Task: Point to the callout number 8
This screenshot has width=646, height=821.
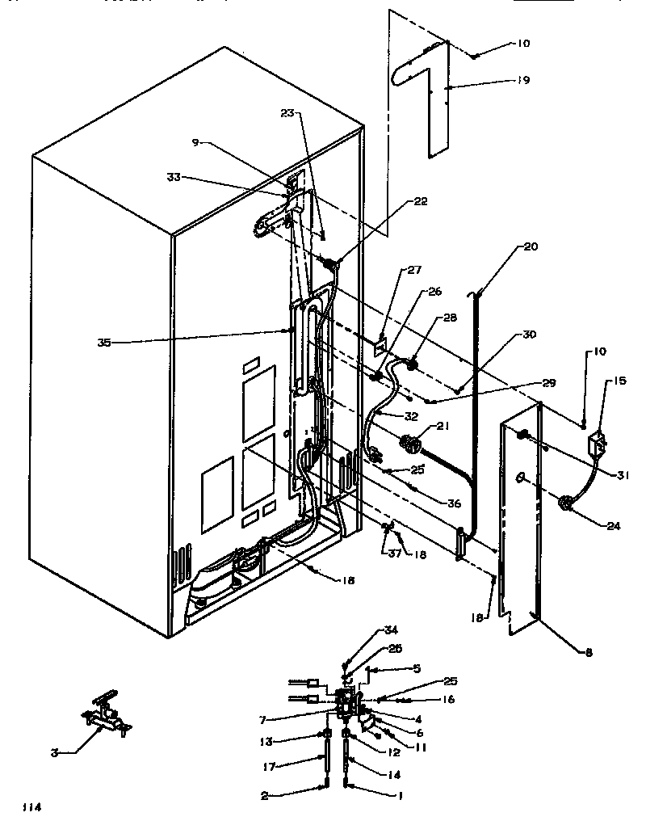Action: (x=588, y=652)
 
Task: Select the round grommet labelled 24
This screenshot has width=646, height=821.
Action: (x=566, y=505)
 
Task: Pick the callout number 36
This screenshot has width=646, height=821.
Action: (x=455, y=503)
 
